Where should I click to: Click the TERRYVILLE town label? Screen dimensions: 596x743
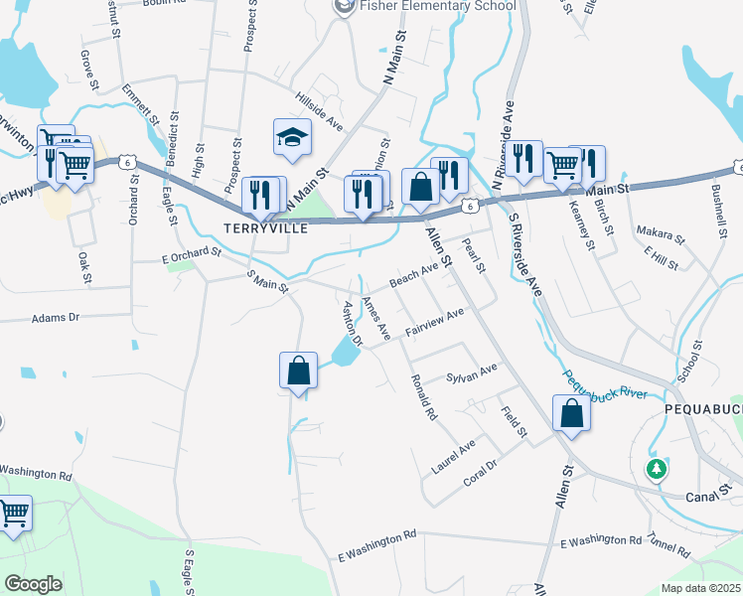click(x=262, y=227)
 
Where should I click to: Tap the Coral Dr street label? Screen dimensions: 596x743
click(x=479, y=474)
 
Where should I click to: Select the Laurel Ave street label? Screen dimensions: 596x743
click(x=453, y=455)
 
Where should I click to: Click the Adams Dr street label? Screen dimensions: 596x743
click(x=55, y=319)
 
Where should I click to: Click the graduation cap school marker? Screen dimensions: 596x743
click(x=293, y=139)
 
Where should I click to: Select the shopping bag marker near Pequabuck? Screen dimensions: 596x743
click(x=571, y=413)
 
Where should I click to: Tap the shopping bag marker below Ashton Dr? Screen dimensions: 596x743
click(x=298, y=372)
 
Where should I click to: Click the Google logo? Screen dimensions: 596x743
click(x=33, y=584)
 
